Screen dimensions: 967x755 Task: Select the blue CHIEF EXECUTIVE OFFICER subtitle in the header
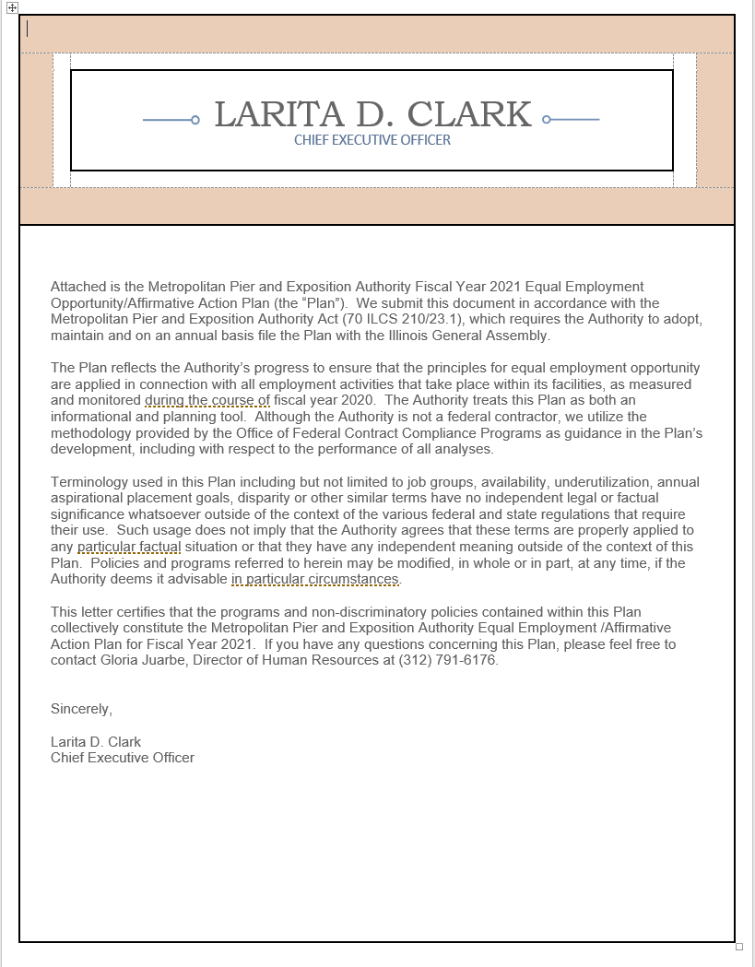pyautogui.click(x=372, y=140)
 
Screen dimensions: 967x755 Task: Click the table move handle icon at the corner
pyautogui.click(x=12, y=7)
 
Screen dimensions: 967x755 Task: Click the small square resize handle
pyautogui.click(x=739, y=947)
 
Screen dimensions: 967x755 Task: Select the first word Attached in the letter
pyautogui.click(x=78, y=287)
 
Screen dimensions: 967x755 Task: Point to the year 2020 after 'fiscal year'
pyautogui.click(x=358, y=400)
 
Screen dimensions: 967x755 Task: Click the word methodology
pyautogui.click(x=89, y=433)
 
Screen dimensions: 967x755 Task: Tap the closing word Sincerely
pyautogui.click(x=80, y=710)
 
